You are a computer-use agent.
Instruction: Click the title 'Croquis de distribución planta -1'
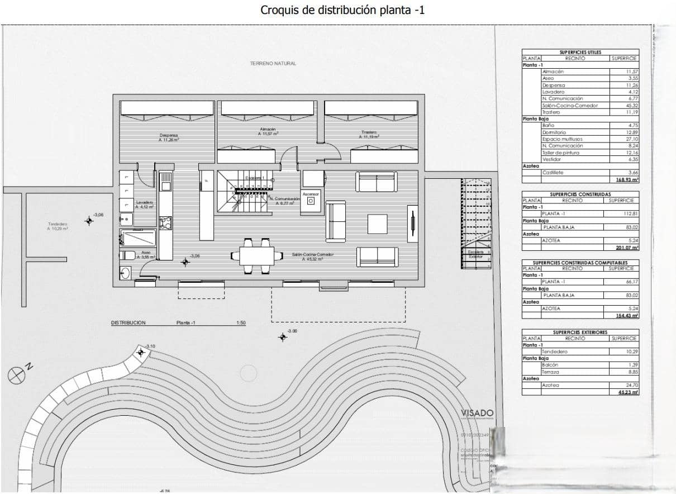[x=342, y=10]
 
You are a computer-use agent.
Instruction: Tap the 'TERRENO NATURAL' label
[x=273, y=64]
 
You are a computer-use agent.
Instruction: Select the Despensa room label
[x=168, y=137]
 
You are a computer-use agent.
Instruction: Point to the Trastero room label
[x=369, y=135]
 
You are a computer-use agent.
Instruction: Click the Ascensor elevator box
[x=310, y=199]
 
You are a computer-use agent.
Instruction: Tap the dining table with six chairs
[x=258, y=256]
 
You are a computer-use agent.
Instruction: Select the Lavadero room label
[x=144, y=204]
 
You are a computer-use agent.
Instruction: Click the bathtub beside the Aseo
[x=138, y=238]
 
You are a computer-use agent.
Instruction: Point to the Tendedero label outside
[x=58, y=226]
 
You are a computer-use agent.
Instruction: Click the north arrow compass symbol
[x=16, y=375]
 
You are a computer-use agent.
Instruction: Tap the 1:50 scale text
[x=241, y=323]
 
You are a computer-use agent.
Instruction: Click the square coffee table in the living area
[x=378, y=224]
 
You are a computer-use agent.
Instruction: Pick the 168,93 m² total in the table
[x=627, y=180]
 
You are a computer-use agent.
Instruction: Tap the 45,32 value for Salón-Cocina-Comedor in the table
[x=632, y=105]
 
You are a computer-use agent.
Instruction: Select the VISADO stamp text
[x=477, y=413]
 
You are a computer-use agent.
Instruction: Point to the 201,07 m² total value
[x=627, y=248]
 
